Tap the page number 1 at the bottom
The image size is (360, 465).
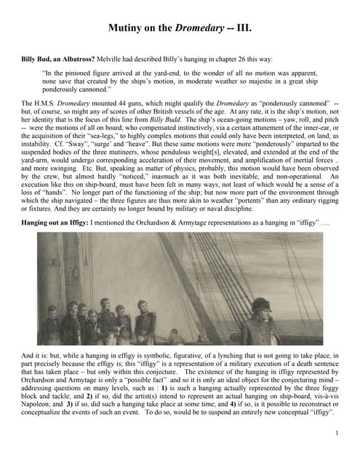click(x=338, y=433)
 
